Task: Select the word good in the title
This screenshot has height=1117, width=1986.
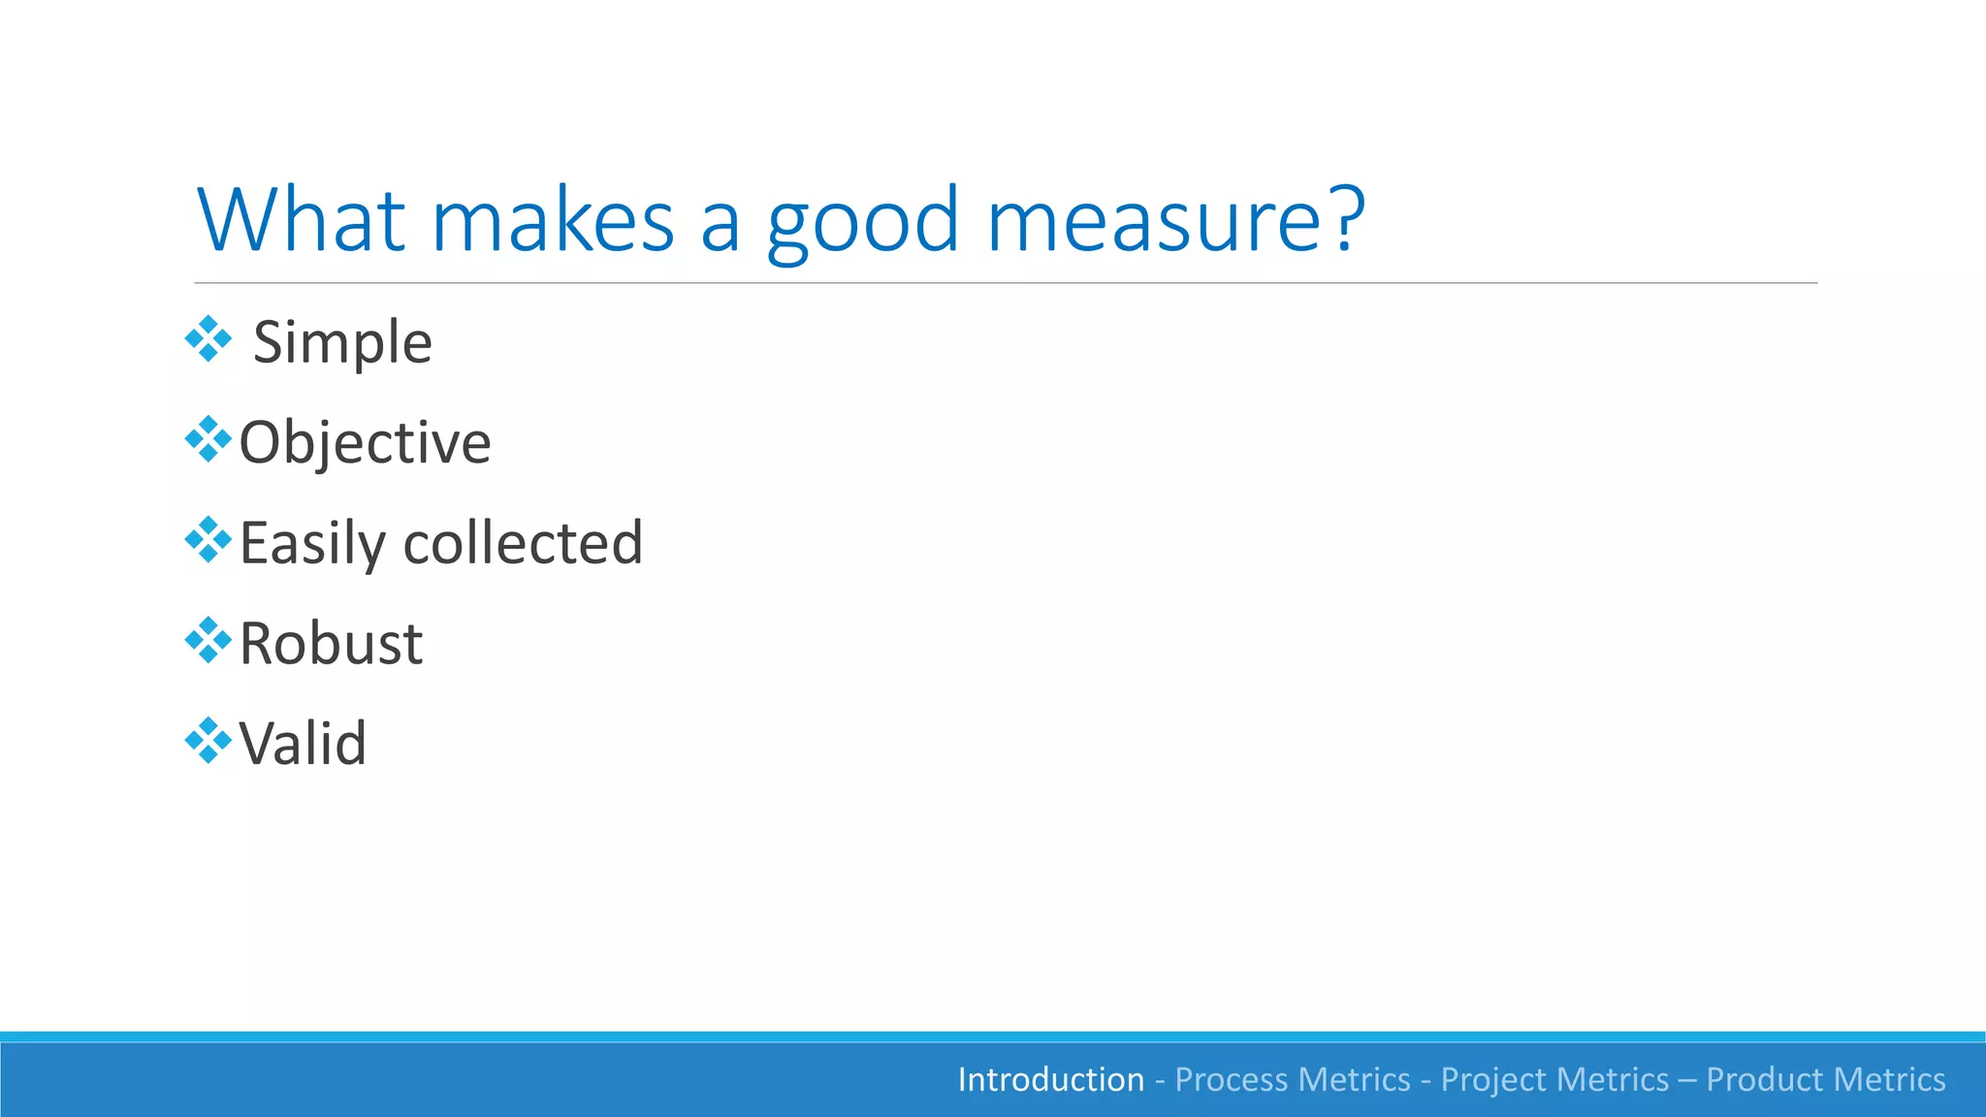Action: point(862,221)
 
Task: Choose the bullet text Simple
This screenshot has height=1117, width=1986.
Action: point(342,342)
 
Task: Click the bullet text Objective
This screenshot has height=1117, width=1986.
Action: point(365,443)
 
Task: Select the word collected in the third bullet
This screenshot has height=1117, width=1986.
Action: point(523,542)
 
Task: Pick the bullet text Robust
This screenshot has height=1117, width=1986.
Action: point(331,643)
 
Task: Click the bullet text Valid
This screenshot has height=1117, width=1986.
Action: point(303,744)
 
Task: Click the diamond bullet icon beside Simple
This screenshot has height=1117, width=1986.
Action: point(208,339)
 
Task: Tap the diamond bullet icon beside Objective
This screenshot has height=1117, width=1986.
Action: point(208,440)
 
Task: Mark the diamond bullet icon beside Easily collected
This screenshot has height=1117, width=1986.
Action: point(208,540)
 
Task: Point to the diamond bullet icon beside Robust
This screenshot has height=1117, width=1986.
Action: point(208,641)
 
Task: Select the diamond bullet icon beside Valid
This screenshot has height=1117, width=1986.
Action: point(208,742)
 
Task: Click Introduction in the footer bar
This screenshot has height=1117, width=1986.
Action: point(1051,1079)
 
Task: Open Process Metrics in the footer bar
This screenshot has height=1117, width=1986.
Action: point(1293,1079)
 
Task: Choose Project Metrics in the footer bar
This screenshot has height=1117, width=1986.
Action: point(1554,1079)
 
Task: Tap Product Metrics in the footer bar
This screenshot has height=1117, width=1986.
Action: point(1825,1079)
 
